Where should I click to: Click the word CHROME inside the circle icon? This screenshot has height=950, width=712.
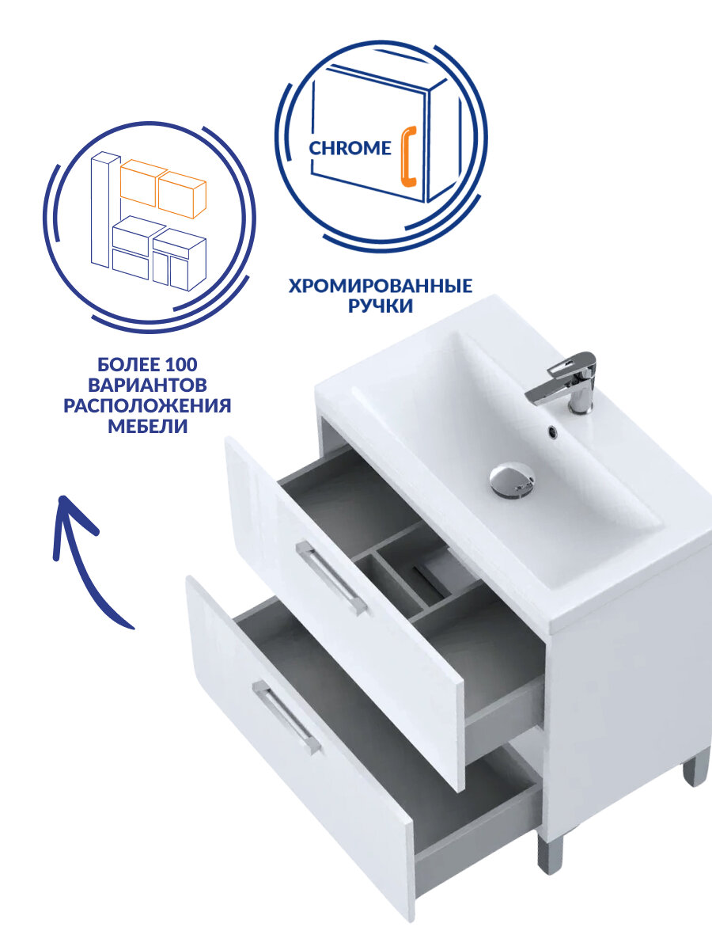coord(350,148)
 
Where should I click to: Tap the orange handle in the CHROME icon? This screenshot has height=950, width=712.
coord(408,155)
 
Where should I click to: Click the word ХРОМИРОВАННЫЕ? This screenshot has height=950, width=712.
coord(381,286)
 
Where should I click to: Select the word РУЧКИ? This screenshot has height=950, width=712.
coord(381,306)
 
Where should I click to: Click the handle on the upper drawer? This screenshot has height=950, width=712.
coord(331,578)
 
